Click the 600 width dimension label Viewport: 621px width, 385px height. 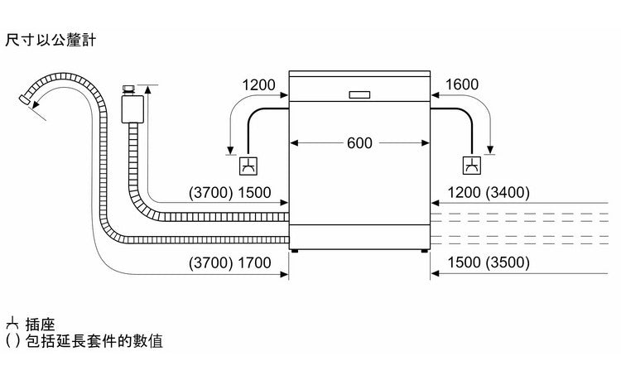[359, 142]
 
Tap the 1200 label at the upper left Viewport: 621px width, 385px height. [258, 84]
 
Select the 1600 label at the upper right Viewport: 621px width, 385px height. [461, 84]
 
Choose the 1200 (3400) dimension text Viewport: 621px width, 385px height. [489, 193]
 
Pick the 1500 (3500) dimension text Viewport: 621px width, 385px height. [489, 263]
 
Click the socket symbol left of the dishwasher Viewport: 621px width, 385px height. [248, 166]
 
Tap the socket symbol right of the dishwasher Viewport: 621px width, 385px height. [472, 166]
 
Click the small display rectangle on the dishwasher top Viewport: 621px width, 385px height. [360, 94]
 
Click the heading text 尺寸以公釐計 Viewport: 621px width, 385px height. [50, 39]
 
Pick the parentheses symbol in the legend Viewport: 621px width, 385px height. [11, 341]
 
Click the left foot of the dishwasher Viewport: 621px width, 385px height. [295, 249]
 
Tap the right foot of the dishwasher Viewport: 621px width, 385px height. [424, 249]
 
